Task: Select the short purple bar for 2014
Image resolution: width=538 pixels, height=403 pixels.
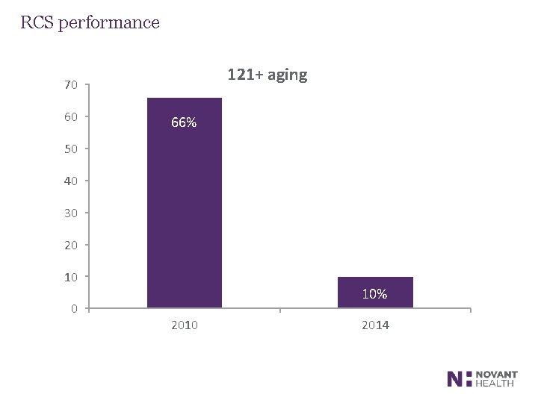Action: coord(375,292)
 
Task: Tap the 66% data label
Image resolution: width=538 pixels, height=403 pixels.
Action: coord(184,123)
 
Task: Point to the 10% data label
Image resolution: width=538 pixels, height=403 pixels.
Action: coord(374,294)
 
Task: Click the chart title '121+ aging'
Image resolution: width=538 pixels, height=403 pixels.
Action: coord(267,75)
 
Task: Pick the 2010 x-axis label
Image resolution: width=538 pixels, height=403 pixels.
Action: coord(185,325)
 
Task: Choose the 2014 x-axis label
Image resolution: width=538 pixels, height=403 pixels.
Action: coord(375,325)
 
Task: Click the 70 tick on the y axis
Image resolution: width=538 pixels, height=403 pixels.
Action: coord(71,85)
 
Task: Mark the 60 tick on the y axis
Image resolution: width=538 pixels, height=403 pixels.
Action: coord(71,116)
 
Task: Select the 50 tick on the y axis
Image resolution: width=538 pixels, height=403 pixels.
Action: coord(71,149)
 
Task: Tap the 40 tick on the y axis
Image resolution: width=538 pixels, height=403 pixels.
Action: coord(71,181)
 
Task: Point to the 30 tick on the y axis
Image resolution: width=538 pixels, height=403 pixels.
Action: coord(71,213)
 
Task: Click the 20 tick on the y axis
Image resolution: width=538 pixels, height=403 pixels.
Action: coord(71,245)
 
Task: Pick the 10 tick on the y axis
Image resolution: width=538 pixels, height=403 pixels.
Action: coord(71,277)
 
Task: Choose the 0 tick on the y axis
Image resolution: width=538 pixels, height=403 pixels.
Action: coord(74,308)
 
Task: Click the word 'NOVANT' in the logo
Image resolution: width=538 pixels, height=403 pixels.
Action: coord(497,375)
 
